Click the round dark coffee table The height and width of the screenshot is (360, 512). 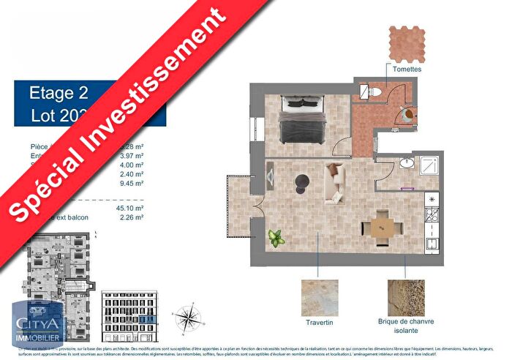[x=303, y=181]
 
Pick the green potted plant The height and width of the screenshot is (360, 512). [x=276, y=238]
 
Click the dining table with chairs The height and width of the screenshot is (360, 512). [x=381, y=226]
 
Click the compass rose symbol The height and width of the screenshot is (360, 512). [x=189, y=319]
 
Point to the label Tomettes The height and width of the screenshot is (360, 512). [x=406, y=70]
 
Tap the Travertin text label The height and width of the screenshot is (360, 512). [x=320, y=321]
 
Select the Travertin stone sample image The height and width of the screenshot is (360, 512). [x=320, y=297]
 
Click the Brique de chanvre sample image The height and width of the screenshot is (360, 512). [x=406, y=297]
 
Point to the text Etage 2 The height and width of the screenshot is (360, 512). [x=59, y=93]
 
